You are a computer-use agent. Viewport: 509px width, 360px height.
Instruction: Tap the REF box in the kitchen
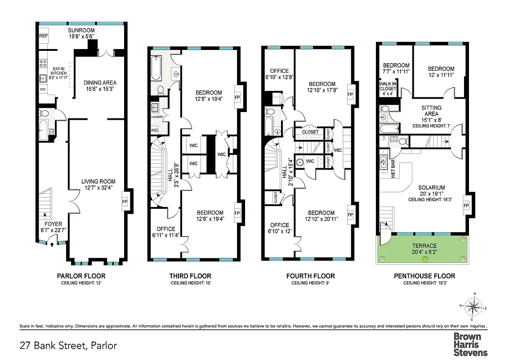click(x=44, y=36)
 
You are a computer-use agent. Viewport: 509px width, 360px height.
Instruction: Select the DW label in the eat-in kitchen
click(x=43, y=89)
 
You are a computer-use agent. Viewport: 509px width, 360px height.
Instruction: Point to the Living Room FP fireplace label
click(x=125, y=202)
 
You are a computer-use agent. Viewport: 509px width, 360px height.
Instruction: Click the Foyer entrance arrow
click(x=52, y=245)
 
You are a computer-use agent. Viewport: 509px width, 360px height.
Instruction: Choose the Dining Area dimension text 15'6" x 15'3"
click(x=100, y=89)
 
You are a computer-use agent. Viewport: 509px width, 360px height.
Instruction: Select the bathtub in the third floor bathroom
click(x=157, y=67)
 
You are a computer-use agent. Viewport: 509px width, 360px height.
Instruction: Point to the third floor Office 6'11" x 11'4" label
click(x=165, y=232)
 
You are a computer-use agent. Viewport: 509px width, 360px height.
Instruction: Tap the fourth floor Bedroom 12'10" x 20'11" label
click(x=321, y=216)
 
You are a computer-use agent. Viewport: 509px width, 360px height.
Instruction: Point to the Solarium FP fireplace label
click(x=466, y=206)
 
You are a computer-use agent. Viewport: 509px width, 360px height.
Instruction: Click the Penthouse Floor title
click(x=424, y=276)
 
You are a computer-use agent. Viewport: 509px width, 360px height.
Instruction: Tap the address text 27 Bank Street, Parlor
click(x=68, y=346)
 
